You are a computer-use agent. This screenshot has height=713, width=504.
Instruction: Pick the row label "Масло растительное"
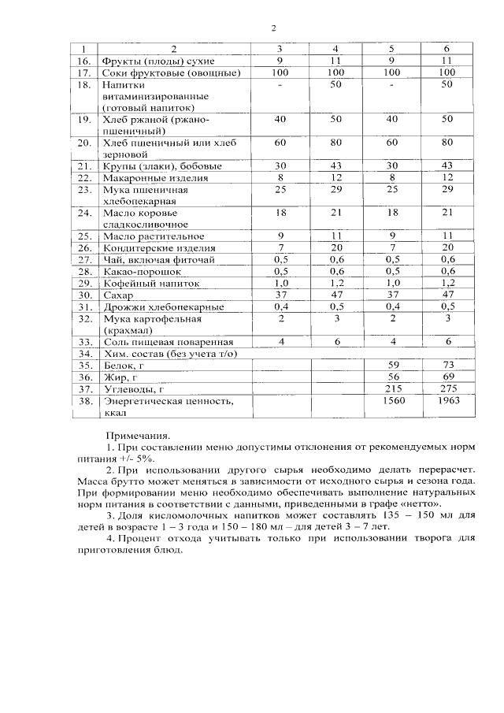pyautogui.click(x=154, y=236)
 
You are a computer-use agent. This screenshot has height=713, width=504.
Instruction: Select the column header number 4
pyautogui.click(x=335, y=49)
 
